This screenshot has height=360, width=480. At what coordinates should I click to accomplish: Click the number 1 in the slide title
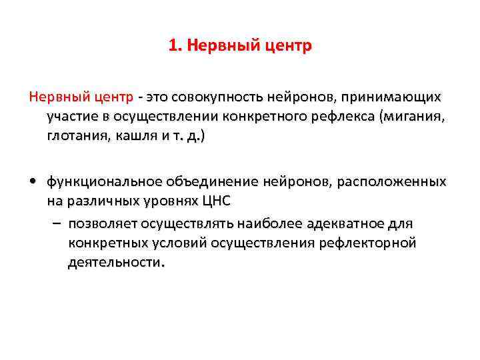(173, 46)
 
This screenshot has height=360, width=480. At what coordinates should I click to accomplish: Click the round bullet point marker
(33, 182)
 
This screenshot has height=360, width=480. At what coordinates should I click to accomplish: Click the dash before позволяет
(57, 222)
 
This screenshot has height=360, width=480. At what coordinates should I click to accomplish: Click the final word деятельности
(114, 262)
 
